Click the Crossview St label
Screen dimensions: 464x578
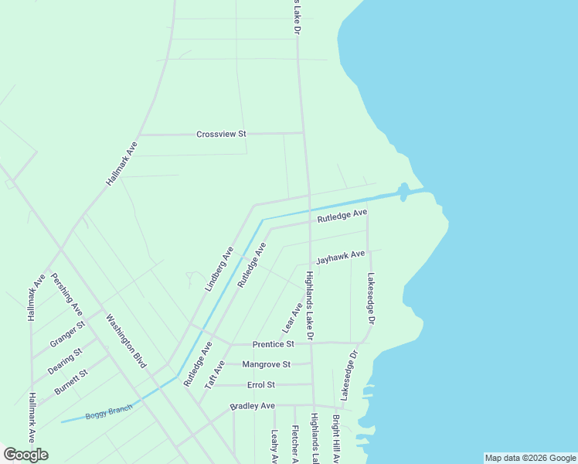[x=221, y=134]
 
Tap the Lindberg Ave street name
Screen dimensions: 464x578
[x=219, y=268]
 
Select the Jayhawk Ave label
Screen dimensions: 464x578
[x=340, y=256]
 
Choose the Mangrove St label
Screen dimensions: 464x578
[x=266, y=364]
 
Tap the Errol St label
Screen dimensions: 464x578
[x=261, y=384]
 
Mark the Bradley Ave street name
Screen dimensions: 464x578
[x=252, y=406]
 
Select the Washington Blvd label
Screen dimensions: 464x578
[x=125, y=341]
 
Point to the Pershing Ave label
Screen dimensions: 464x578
[x=66, y=294]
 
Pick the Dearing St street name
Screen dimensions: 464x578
[x=65, y=361]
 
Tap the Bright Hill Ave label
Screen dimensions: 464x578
[x=336, y=439]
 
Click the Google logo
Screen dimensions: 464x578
[x=25, y=455]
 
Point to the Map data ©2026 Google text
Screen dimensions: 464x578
[x=530, y=458]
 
